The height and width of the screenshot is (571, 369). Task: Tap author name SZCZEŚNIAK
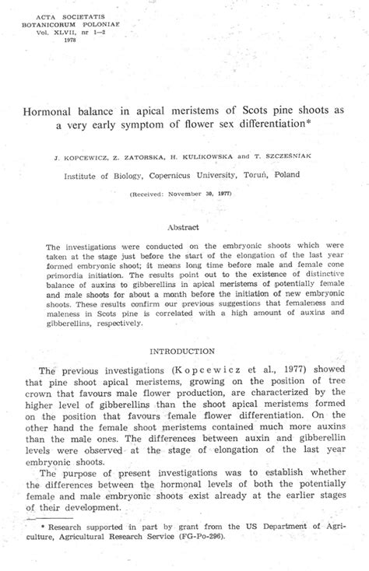pos(285,156)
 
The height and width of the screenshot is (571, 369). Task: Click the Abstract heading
pos(184,227)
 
